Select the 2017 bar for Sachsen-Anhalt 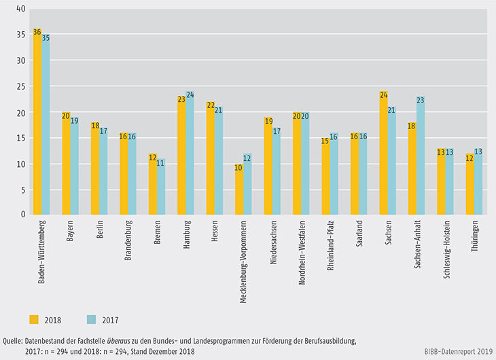(x=421, y=156)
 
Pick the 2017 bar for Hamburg (x=190, y=153)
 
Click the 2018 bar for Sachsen (x=384, y=153)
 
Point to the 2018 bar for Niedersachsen (x=268, y=166)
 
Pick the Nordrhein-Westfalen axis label (x=300, y=251)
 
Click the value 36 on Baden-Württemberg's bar (x=37, y=33)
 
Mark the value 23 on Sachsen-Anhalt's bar (x=421, y=100)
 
